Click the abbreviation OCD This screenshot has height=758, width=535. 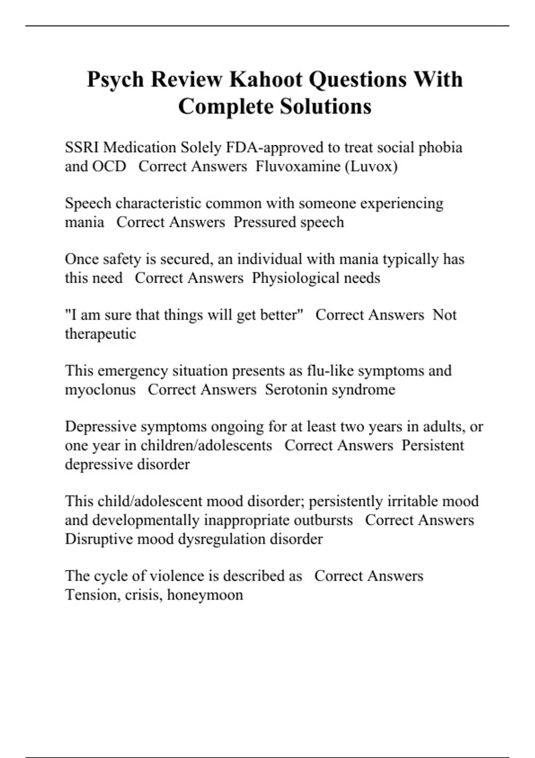pyautogui.click(x=109, y=166)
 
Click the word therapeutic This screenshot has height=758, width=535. pyautogui.click(x=100, y=334)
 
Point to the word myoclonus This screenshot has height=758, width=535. pyautogui.click(x=100, y=390)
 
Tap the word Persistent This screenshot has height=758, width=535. pyautogui.click(x=432, y=445)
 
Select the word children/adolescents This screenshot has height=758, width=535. pyautogui.click(x=206, y=445)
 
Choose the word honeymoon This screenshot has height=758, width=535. pyautogui.click(x=205, y=595)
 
